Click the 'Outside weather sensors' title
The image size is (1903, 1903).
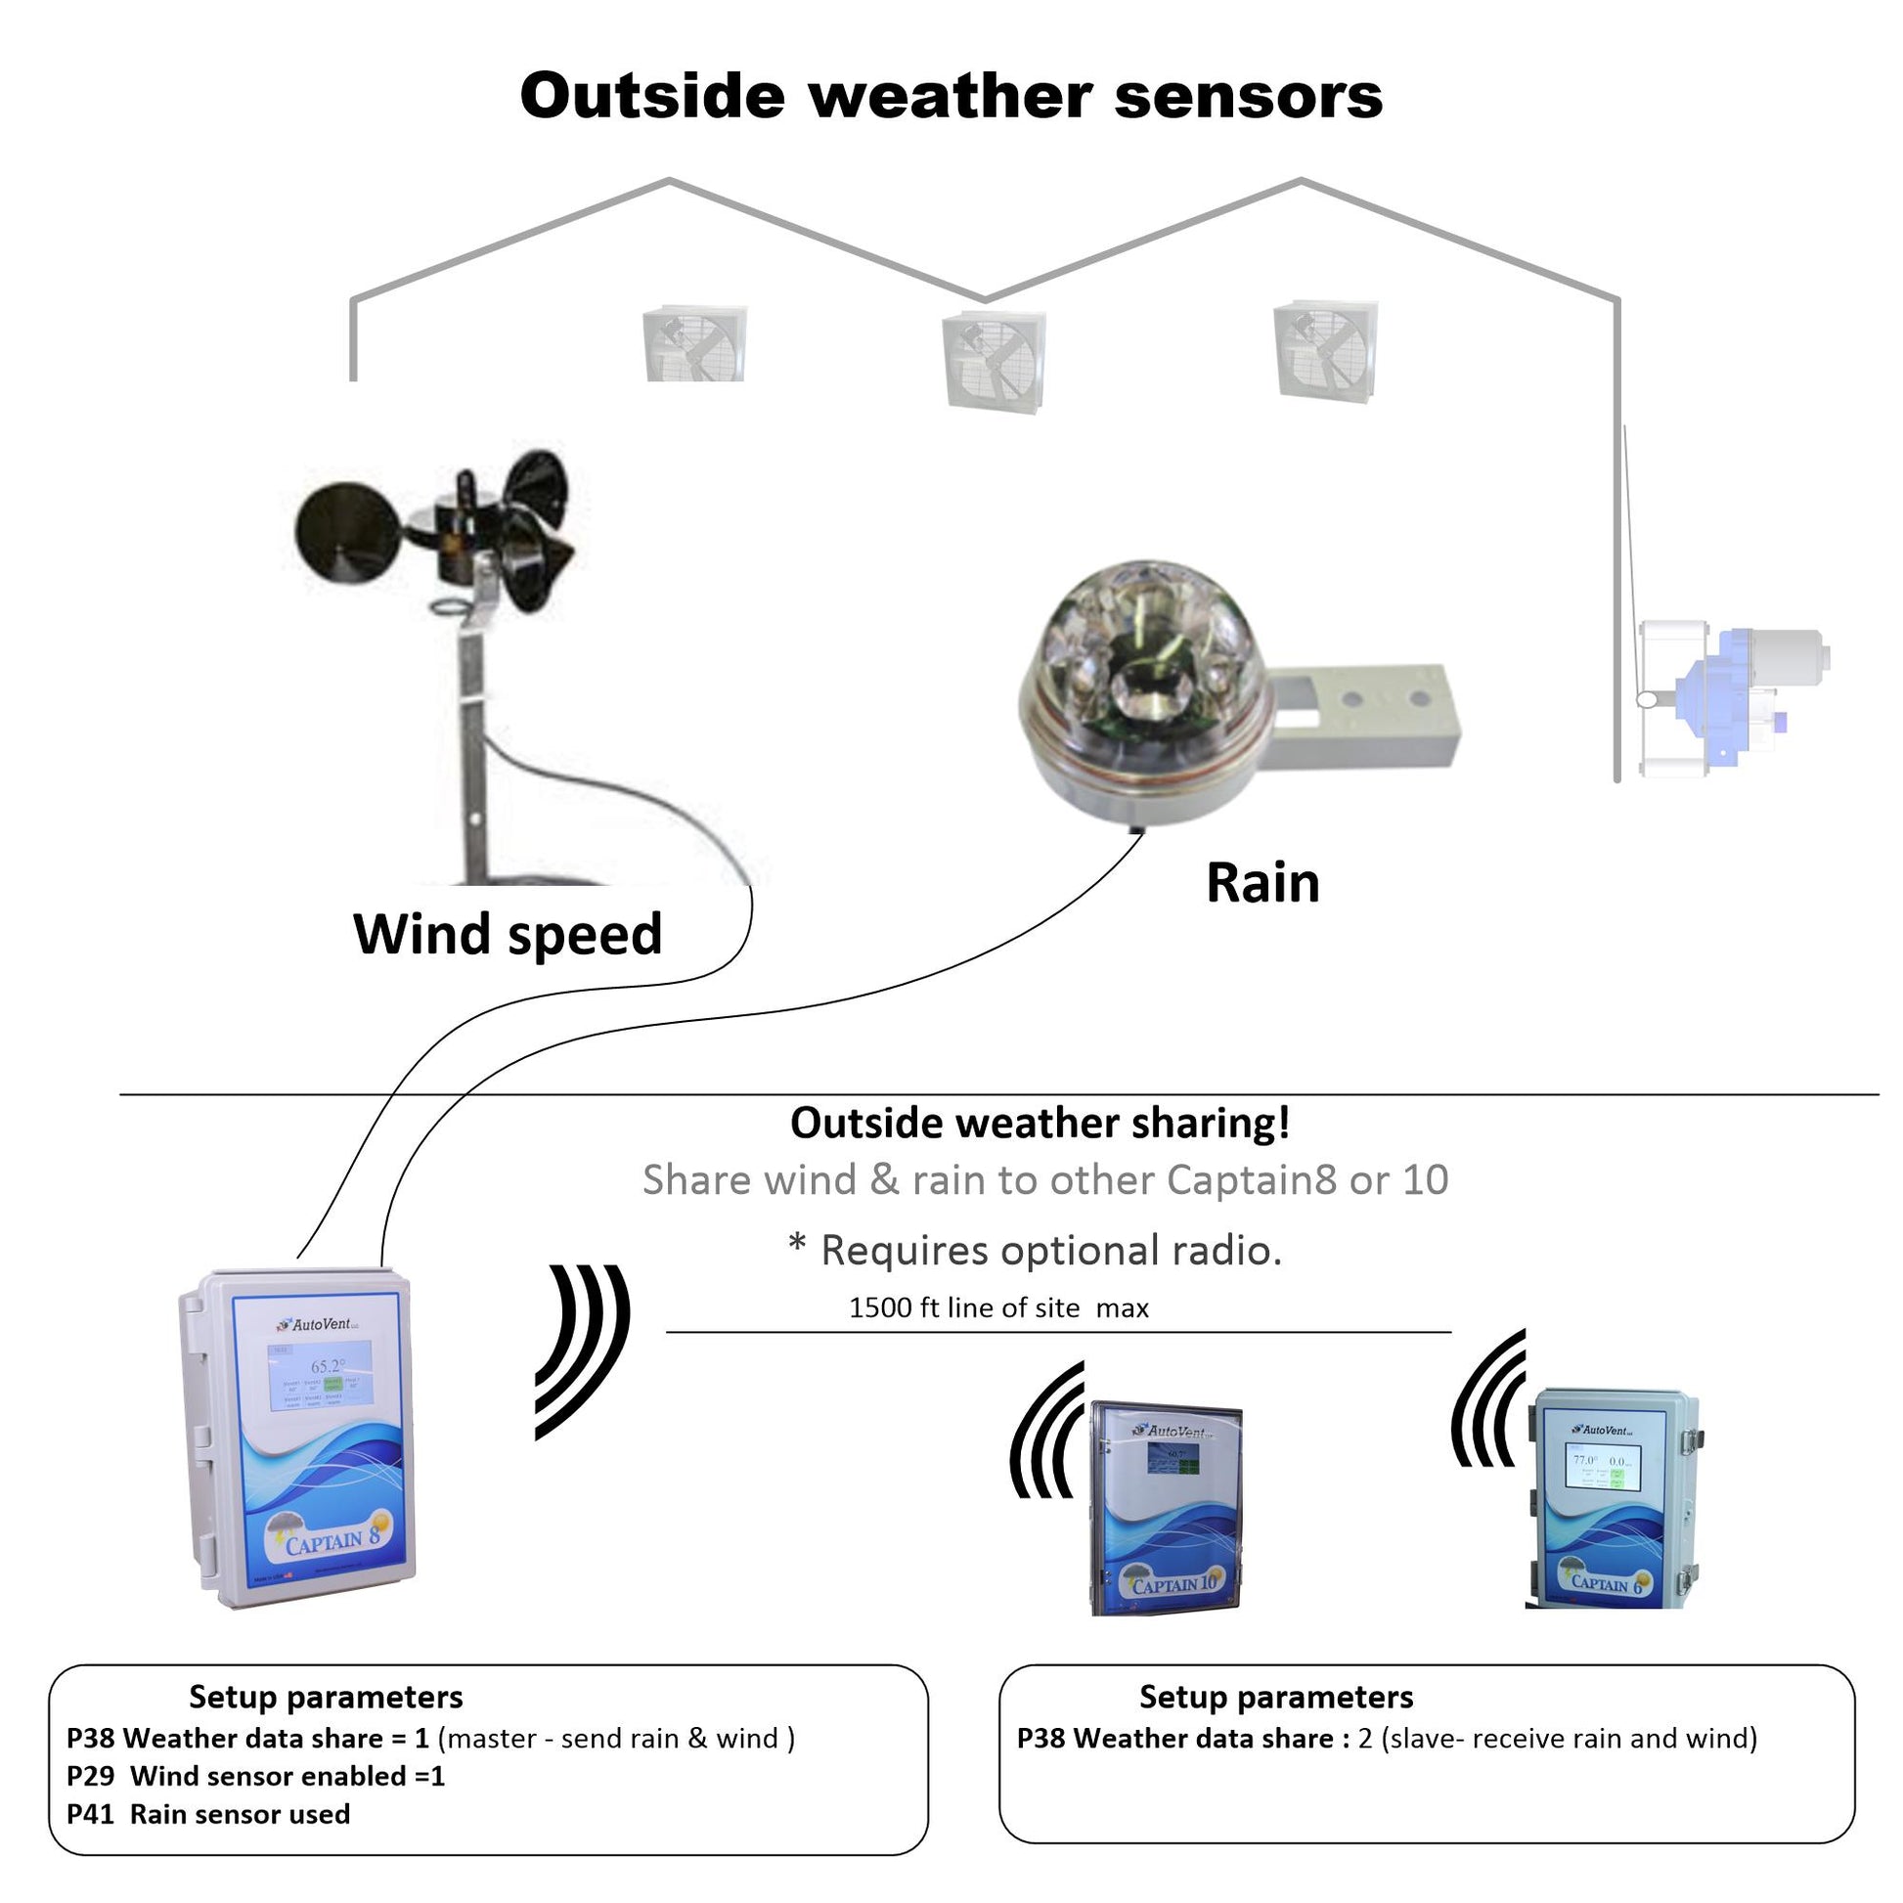[x=951, y=97]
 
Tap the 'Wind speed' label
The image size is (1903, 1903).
[x=508, y=934]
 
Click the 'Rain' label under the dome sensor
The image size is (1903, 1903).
[x=1261, y=882]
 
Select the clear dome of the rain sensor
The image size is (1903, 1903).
[x=1142, y=660]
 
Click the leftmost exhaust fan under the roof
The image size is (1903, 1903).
[x=694, y=344]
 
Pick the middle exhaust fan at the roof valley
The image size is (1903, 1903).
[x=993, y=362]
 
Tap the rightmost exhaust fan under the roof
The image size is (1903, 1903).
[x=1325, y=351]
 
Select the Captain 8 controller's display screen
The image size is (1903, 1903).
[x=322, y=1375]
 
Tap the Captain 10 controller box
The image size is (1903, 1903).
[x=1167, y=1508]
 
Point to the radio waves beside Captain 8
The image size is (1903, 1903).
[x=582, y=1350]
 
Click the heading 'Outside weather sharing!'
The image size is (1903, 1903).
[x=1040, y=1123]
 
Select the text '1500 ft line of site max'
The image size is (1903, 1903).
[x=998, y=1307]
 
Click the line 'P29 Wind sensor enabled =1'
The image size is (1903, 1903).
[x=256, y=1776]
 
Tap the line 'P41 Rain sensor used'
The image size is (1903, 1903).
[x=209, y=1814]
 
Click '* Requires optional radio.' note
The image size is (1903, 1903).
[x=1036, y=1250]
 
